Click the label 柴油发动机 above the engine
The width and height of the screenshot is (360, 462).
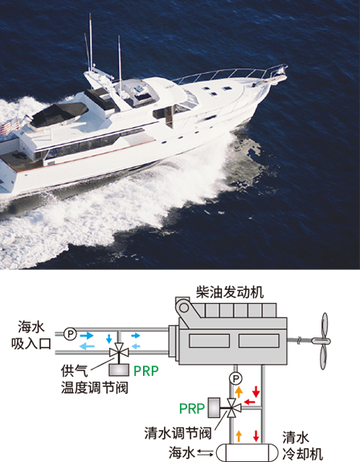click(x=230, y=292)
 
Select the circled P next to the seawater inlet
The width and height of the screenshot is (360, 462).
click(x=71, y=333)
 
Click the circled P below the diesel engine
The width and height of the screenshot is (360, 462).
click(x=235, y=378)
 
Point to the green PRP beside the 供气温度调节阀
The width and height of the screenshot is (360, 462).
click(x=146, y=371)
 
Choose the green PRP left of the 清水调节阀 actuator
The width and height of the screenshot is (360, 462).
click(x=192, y=408)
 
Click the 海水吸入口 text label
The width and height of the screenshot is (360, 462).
click(x=31, y=335)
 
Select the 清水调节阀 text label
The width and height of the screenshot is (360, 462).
click(x=178, y=433)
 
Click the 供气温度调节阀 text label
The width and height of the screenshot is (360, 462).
click(x=95, y=379)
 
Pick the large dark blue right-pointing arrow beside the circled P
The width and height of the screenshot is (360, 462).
click(x=87, y=335)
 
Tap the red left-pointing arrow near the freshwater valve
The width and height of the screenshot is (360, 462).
click(x=250, y=401)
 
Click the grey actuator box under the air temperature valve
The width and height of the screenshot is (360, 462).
click(x=119, y=370)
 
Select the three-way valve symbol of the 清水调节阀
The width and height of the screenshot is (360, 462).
click(x=233, y=408)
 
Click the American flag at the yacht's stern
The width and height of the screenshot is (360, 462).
click(x=10, y=127)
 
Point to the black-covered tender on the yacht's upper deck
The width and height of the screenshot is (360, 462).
click(x=59, y=113)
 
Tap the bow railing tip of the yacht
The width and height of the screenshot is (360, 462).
click(x=284, y=68)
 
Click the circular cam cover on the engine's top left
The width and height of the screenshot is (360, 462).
click(x=184, y=308)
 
